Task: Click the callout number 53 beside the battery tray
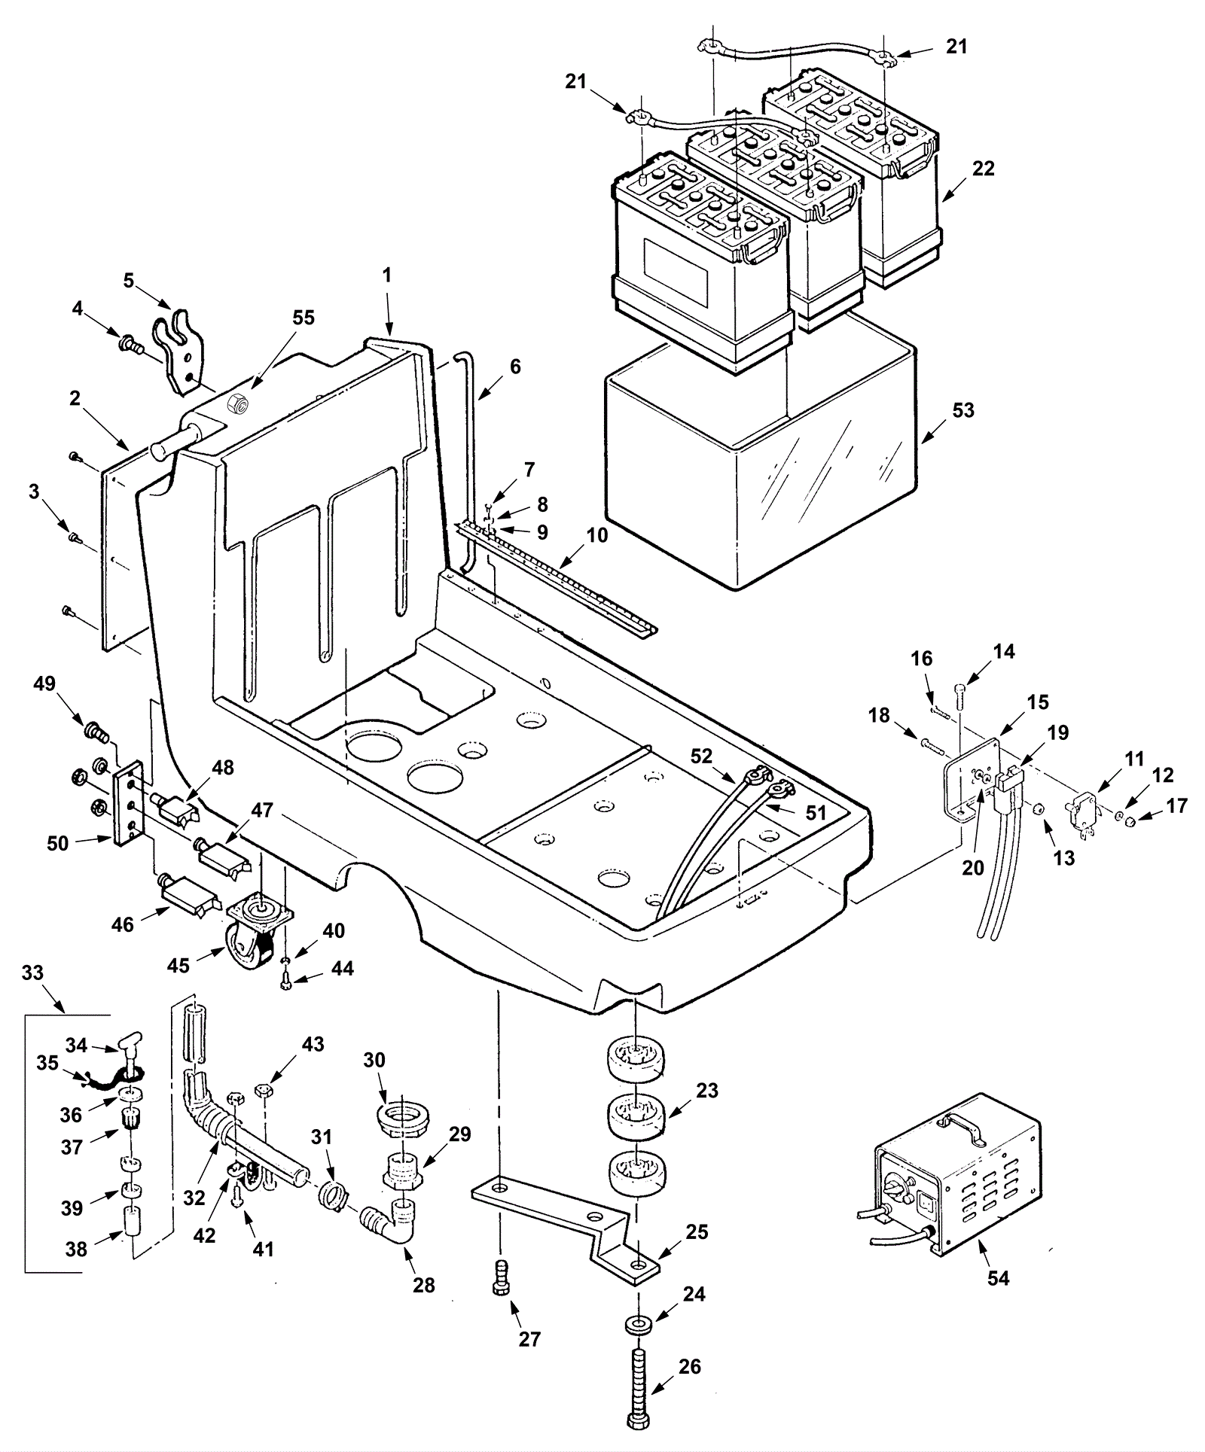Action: coord(962,411)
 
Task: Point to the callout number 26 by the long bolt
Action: coord(689,1366)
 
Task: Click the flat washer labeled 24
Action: coord(638,1323)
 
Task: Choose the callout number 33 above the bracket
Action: coord(32,973)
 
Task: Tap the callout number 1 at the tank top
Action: coord(386,276)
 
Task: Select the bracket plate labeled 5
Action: coord(181,352)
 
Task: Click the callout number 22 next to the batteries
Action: coord(983,169)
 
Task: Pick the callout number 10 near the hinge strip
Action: coord(596,535)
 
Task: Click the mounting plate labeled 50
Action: coord(130,804)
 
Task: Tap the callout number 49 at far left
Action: coord(44,684)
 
